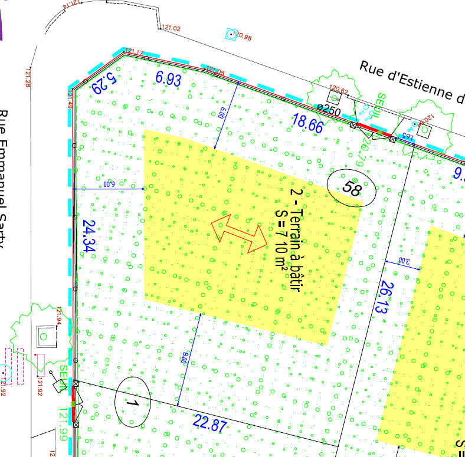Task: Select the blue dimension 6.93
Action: (168, 78)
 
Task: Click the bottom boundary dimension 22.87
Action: (209, 423)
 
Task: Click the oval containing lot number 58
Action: (352, 189)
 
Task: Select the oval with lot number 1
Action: (132, 402)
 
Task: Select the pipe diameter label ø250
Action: (329, 109)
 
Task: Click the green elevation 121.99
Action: (62, 422)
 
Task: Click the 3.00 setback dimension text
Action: (403, 260)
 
